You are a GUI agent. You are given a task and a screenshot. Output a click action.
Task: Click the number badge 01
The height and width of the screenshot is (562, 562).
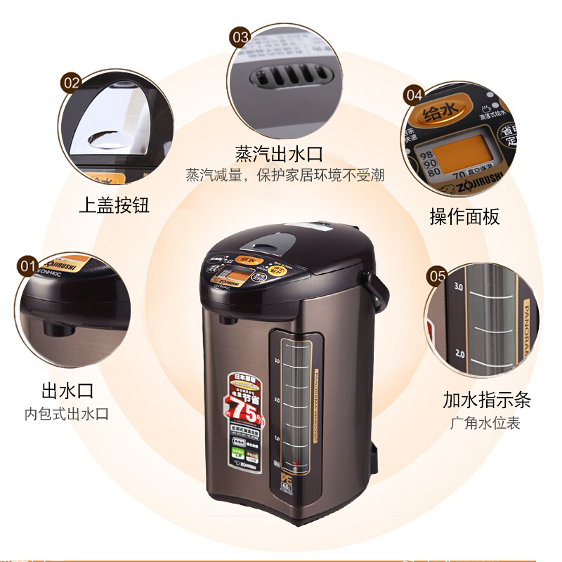coord(28,266)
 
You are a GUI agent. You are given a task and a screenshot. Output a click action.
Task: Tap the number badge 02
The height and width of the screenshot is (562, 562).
coord(72,82)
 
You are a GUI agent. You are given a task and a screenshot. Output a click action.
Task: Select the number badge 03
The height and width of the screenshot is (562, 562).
coord(240,37)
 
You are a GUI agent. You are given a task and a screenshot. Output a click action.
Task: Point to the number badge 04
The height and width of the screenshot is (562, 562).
coord(414,95)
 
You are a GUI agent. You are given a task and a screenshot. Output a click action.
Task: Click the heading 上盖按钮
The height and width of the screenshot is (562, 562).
coord(114,205)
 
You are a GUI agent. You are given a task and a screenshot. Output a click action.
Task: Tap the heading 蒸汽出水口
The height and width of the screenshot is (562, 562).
coord(279,154)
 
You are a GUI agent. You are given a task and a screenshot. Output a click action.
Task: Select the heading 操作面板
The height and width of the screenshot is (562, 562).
coord(464,216)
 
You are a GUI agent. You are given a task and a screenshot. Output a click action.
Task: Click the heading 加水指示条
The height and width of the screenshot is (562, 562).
coord(486,400)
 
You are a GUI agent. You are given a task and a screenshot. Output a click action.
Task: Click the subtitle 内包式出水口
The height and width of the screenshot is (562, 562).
coord(67,414)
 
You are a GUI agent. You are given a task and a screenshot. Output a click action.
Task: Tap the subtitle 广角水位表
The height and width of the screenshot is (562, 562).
coord(485,423)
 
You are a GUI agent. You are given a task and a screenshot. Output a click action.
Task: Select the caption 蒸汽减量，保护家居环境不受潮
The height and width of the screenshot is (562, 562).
coord(285,175)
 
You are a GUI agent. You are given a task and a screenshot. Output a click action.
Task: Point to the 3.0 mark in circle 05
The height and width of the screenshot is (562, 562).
coord(459,287)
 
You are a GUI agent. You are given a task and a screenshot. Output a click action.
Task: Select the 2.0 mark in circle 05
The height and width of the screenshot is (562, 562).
coord(460,352)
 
